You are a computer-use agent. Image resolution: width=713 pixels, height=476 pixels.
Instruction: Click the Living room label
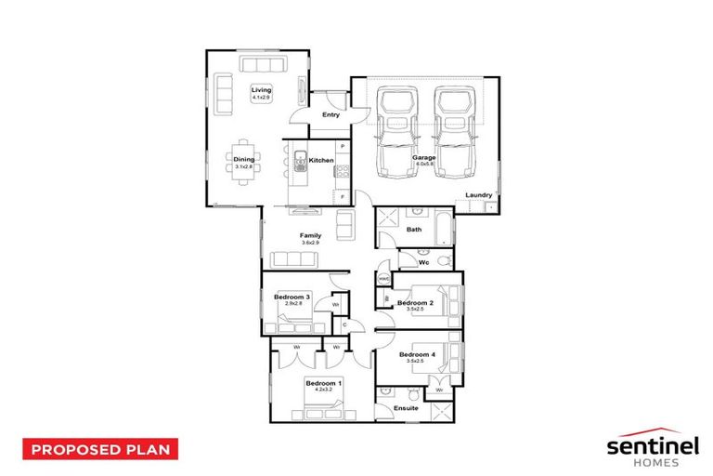coord(260,90)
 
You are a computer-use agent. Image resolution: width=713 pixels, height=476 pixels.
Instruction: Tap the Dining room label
coord(244,159)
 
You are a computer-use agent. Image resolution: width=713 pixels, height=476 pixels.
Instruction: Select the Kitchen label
coord(321,161)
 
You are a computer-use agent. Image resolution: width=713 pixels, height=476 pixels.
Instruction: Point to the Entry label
coord(331,115)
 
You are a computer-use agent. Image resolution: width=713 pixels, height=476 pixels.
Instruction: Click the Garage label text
coord(424,158)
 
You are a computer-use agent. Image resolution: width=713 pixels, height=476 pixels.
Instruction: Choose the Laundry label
coord(480,194)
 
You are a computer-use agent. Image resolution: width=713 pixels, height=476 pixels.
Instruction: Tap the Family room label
coord(310,236)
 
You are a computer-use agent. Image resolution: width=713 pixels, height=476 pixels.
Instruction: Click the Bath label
coord(414,229)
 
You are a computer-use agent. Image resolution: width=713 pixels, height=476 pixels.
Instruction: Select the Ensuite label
coord(406,409)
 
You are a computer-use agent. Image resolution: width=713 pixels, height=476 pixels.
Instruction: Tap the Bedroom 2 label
coord(415,303)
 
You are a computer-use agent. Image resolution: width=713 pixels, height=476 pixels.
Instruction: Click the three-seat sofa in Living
coord(261,64)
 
